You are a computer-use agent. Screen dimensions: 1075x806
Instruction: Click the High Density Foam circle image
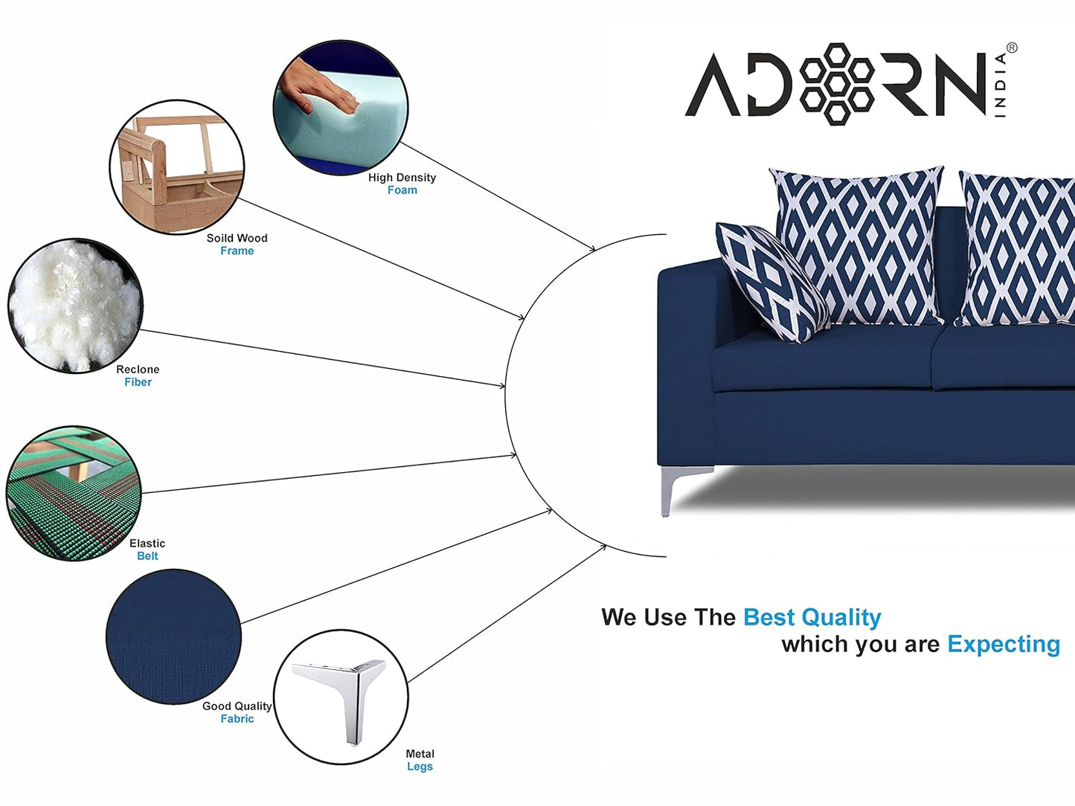click(x=341, y=108)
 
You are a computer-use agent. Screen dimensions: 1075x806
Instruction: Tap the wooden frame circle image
click(x=177, y=167)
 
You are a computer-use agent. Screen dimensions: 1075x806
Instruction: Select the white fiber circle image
click(x=75, y=306)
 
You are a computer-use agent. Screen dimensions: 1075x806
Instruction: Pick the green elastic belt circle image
click(x=74, y=493)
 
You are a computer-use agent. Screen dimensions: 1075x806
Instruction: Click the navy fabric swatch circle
click(x=173, y=636)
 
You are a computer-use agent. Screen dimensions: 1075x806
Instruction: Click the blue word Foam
click(x=402, y=190)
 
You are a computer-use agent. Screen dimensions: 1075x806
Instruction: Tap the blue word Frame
click(x=237, y=251)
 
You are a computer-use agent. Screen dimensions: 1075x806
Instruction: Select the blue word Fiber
click(x=138, y=381)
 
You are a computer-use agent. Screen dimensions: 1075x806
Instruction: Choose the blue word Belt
click(x=147, y=556)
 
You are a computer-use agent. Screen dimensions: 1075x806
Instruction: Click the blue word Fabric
click(x=237, y=718)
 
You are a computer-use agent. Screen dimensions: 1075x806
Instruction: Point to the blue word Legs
click(x=420, y=767)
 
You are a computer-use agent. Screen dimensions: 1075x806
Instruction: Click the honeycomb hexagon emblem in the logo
click(x=837, y=84)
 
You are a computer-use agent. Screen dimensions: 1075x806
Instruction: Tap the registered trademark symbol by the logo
click(x=1011, y=48)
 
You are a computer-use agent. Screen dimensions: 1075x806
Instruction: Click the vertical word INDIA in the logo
click(x=1001, y=86)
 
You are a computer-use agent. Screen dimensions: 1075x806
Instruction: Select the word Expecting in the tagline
click(x=1004, y=645)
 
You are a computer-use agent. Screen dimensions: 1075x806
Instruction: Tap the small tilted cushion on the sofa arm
click(x=771, y=282)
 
